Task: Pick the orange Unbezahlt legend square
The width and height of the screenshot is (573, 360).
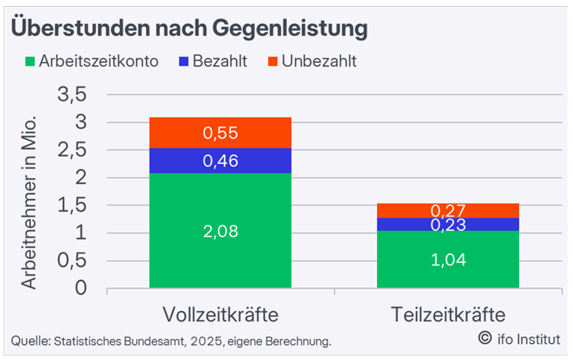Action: pos(271,61)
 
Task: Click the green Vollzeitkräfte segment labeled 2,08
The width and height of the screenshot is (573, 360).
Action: pos(220,230)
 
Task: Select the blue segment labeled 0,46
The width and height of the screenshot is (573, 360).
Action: pos(220,161)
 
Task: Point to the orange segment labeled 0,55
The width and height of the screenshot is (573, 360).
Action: pos(220,133)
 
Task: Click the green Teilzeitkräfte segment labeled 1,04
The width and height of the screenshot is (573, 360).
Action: pos(447,260)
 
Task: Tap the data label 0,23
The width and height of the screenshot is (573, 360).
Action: pos(447,224)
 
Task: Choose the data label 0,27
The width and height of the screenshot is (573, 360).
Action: pos(447,210)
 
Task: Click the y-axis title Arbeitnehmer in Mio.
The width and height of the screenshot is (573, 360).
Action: pos(29,203)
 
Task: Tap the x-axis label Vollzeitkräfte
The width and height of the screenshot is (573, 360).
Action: pos(220,314)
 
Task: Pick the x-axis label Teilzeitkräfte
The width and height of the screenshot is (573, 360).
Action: pos(448,314)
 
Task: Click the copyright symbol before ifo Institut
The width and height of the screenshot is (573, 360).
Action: pos(485,337)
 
